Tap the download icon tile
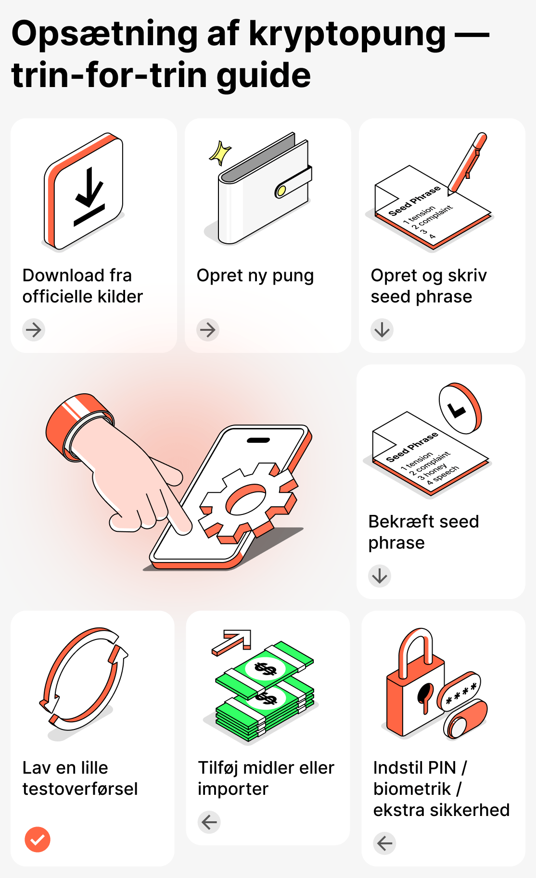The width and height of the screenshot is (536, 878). coord(84,191)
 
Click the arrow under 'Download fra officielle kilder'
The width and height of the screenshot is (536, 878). coord(34,330)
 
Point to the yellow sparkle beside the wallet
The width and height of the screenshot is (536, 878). coord(220,153)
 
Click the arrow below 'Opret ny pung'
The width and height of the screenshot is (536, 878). coord(208,330)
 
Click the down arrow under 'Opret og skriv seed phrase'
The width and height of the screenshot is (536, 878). coord(382,330)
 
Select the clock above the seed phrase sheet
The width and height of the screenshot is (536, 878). coord(460,409)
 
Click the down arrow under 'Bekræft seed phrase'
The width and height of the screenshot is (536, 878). coord(380,576)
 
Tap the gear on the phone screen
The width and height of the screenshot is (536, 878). coord(248,502)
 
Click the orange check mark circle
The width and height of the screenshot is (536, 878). coord(38,840)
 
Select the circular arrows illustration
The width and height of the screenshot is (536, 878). coord(84,678)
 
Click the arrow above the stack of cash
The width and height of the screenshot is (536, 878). coord(232,642)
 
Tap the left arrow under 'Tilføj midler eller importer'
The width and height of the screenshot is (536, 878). coord(209,822)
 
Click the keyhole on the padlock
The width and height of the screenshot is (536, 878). coord(425,696)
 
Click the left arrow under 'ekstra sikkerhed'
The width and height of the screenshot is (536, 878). coord(384,843)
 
